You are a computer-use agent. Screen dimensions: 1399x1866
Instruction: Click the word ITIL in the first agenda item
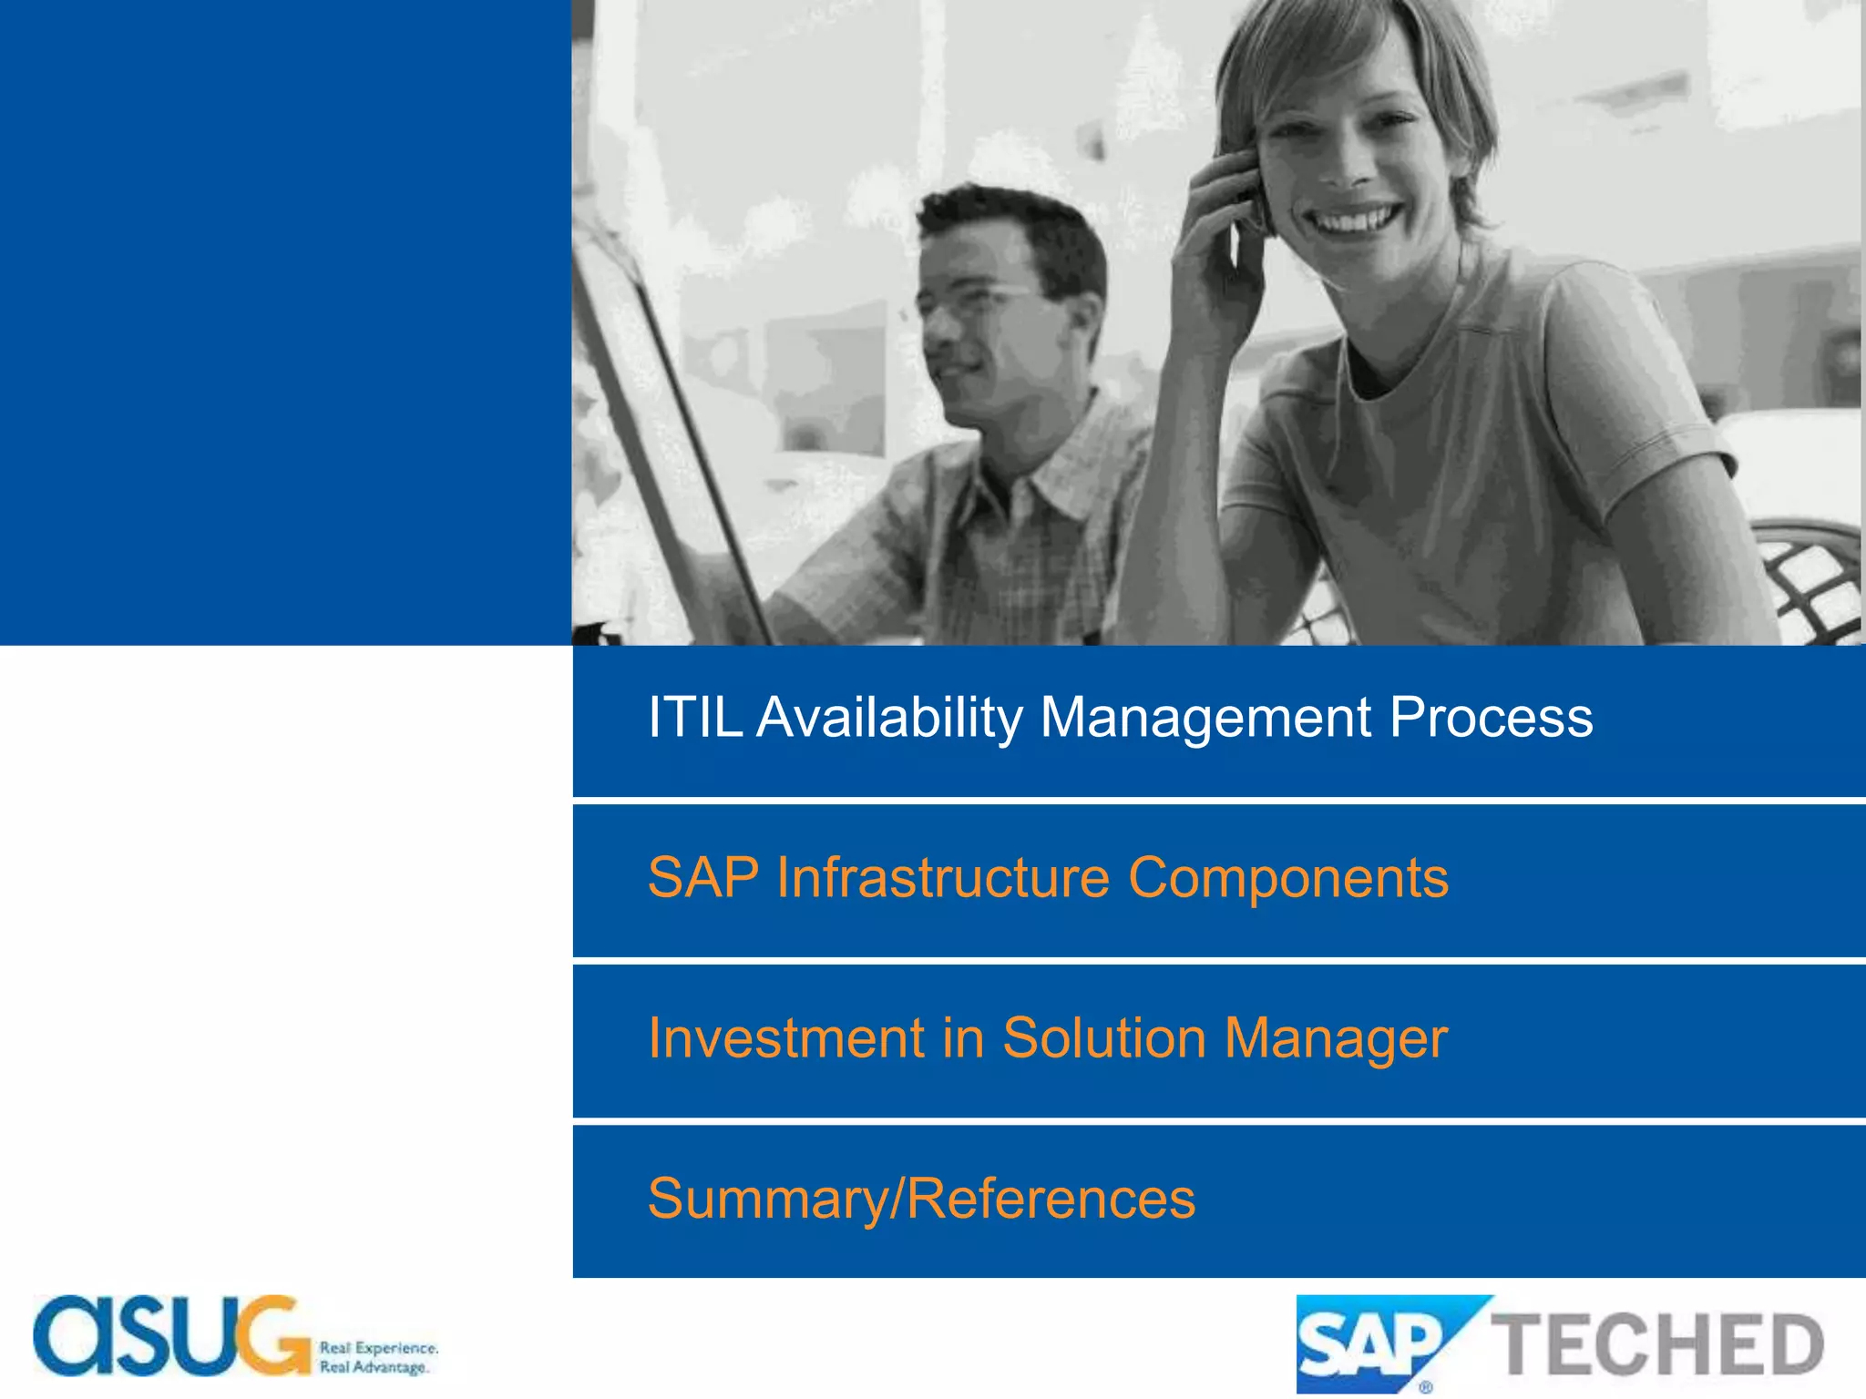tap(694, 718)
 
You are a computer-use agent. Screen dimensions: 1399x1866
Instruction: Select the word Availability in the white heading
tap(890, 718)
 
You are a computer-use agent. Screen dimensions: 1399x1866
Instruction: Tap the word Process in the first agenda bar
tap(1491, 718)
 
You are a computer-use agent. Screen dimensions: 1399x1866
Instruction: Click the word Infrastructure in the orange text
tap(942, 878)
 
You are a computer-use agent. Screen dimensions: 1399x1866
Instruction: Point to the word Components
tap(1287, 878)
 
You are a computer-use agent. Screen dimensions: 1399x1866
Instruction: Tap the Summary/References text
tap(921, 1199)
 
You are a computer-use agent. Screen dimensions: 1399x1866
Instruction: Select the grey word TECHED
tap(1656, 1345)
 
